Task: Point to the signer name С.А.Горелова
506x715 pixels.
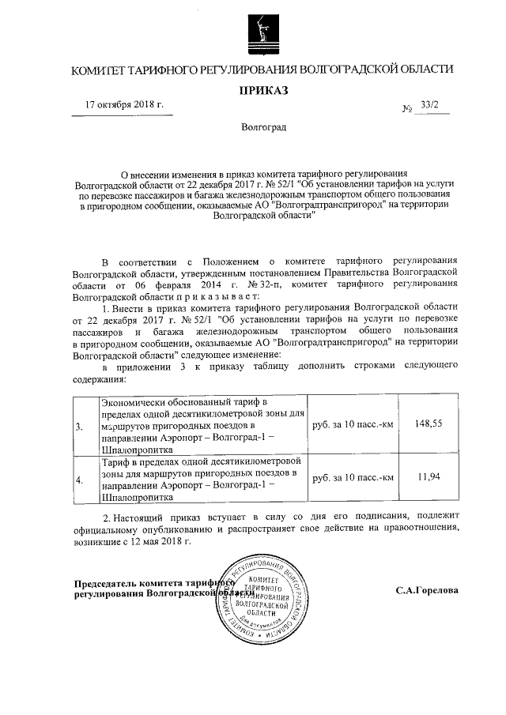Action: click(x=427, y=589)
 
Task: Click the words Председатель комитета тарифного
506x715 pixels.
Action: click(x=149, y=582)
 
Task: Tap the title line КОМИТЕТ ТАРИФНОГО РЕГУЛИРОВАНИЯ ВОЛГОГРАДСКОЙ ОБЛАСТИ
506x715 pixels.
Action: click(x=262, y=70)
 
